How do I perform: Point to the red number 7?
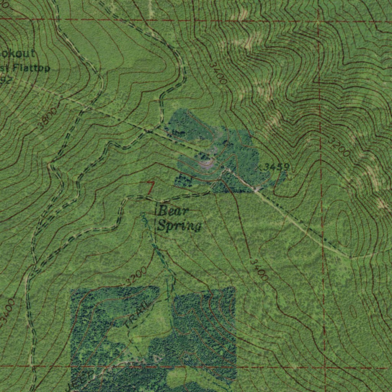click(x=151, y=187)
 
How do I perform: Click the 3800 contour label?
click(x=48, y=118)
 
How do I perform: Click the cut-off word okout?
click(x=17, y=54)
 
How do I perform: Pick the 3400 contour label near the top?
click(x=218, y=73)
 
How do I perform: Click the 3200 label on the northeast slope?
click(x=339, y=147)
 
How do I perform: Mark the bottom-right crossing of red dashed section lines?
click(x=325, y=368)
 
